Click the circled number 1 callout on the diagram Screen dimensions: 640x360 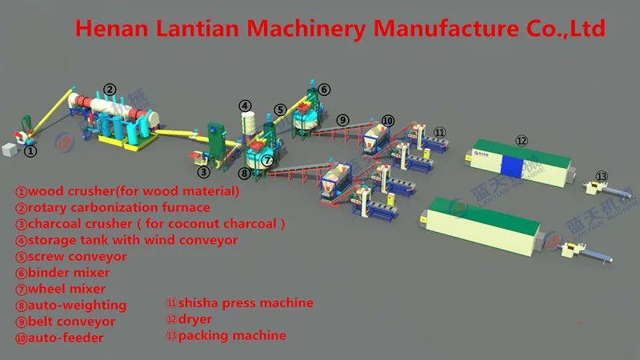[30, 150]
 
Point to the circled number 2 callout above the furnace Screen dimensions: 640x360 [110, 89]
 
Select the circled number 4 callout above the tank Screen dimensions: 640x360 [246, 105]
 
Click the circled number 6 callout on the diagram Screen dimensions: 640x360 [323, 89]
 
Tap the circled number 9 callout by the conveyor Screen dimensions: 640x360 [342, 120]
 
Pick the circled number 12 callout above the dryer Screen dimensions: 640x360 [522, 140]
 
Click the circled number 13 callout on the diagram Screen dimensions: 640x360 [602, 177]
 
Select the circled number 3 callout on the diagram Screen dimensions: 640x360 [204, 170]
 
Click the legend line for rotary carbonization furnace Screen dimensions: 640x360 [113, 207]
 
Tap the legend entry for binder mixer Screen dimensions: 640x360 [63, 273]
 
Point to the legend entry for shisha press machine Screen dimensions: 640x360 [239, 303]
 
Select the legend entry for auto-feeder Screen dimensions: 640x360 [60, 338]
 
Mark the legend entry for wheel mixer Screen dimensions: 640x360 [61, 289]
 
